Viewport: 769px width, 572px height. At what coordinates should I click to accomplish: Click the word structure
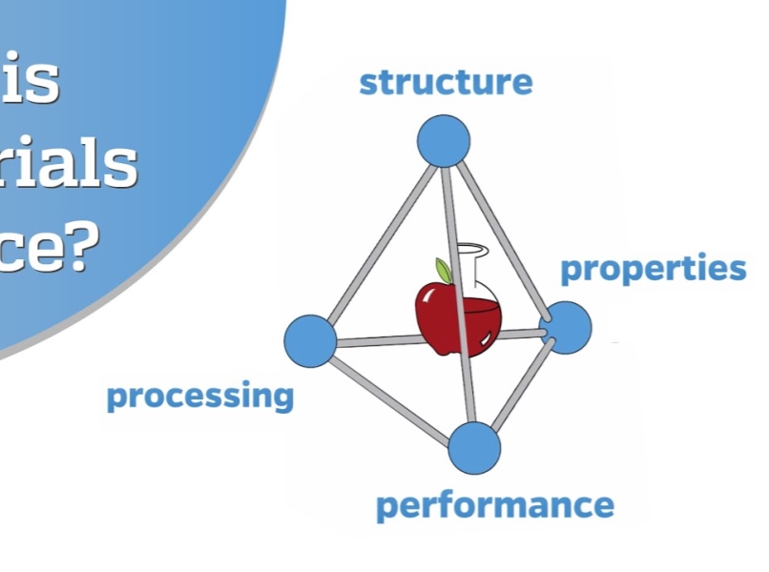click(x=446, y=82)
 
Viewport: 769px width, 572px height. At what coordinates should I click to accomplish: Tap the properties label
click(x=653, y=270)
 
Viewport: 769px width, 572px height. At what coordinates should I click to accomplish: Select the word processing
click(x=200, y=396)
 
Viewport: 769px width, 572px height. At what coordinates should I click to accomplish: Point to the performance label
click(x=494, y=505)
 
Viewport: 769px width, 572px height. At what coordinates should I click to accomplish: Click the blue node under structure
click(x=444, y=141)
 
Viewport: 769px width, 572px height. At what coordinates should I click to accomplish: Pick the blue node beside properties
click(x=567, y=327)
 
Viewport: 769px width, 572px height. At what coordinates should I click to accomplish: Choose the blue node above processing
click(x=311, y=340)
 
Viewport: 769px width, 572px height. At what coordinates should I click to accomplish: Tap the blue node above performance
click(x=474, y=447)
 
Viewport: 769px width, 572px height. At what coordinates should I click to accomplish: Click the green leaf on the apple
click(x=443, y=271)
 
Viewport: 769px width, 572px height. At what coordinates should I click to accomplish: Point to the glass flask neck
click(x=469, y=263)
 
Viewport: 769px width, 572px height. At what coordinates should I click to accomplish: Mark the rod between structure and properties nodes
click(x=506, y=234)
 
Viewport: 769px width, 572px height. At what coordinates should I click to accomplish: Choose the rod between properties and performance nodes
click(x=522, y=386)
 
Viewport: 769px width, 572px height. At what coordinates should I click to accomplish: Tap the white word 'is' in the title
click(x=36, y=81)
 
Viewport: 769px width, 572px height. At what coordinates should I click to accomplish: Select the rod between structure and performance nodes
click(x=460, y=296)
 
